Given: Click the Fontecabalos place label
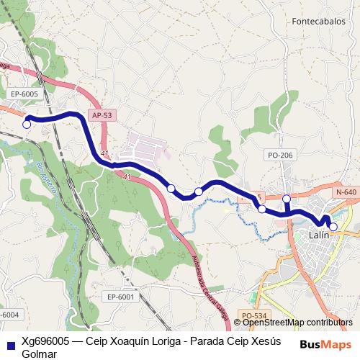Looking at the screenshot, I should tap(319, 22).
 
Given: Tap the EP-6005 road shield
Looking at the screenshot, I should tap(24, 94).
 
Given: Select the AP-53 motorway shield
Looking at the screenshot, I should tap(102, 115).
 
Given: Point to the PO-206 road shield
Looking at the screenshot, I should tap(280, 155).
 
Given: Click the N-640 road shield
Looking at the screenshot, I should tap(346, 192).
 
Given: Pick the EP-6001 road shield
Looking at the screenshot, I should tap(120, 297).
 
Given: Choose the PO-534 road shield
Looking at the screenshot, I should tap(254, 315).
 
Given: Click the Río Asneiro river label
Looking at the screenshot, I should tap(45, 179).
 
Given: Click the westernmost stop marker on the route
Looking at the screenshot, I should tap(27, 124).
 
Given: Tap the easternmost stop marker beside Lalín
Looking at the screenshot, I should tap(333, 226).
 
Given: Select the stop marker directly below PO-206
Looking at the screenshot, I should tap(287, 199).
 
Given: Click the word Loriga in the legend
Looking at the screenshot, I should tap(165, 341).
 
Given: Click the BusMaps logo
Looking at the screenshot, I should tap(325, 345).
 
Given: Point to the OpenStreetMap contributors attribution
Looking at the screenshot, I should tap(297, 323).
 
